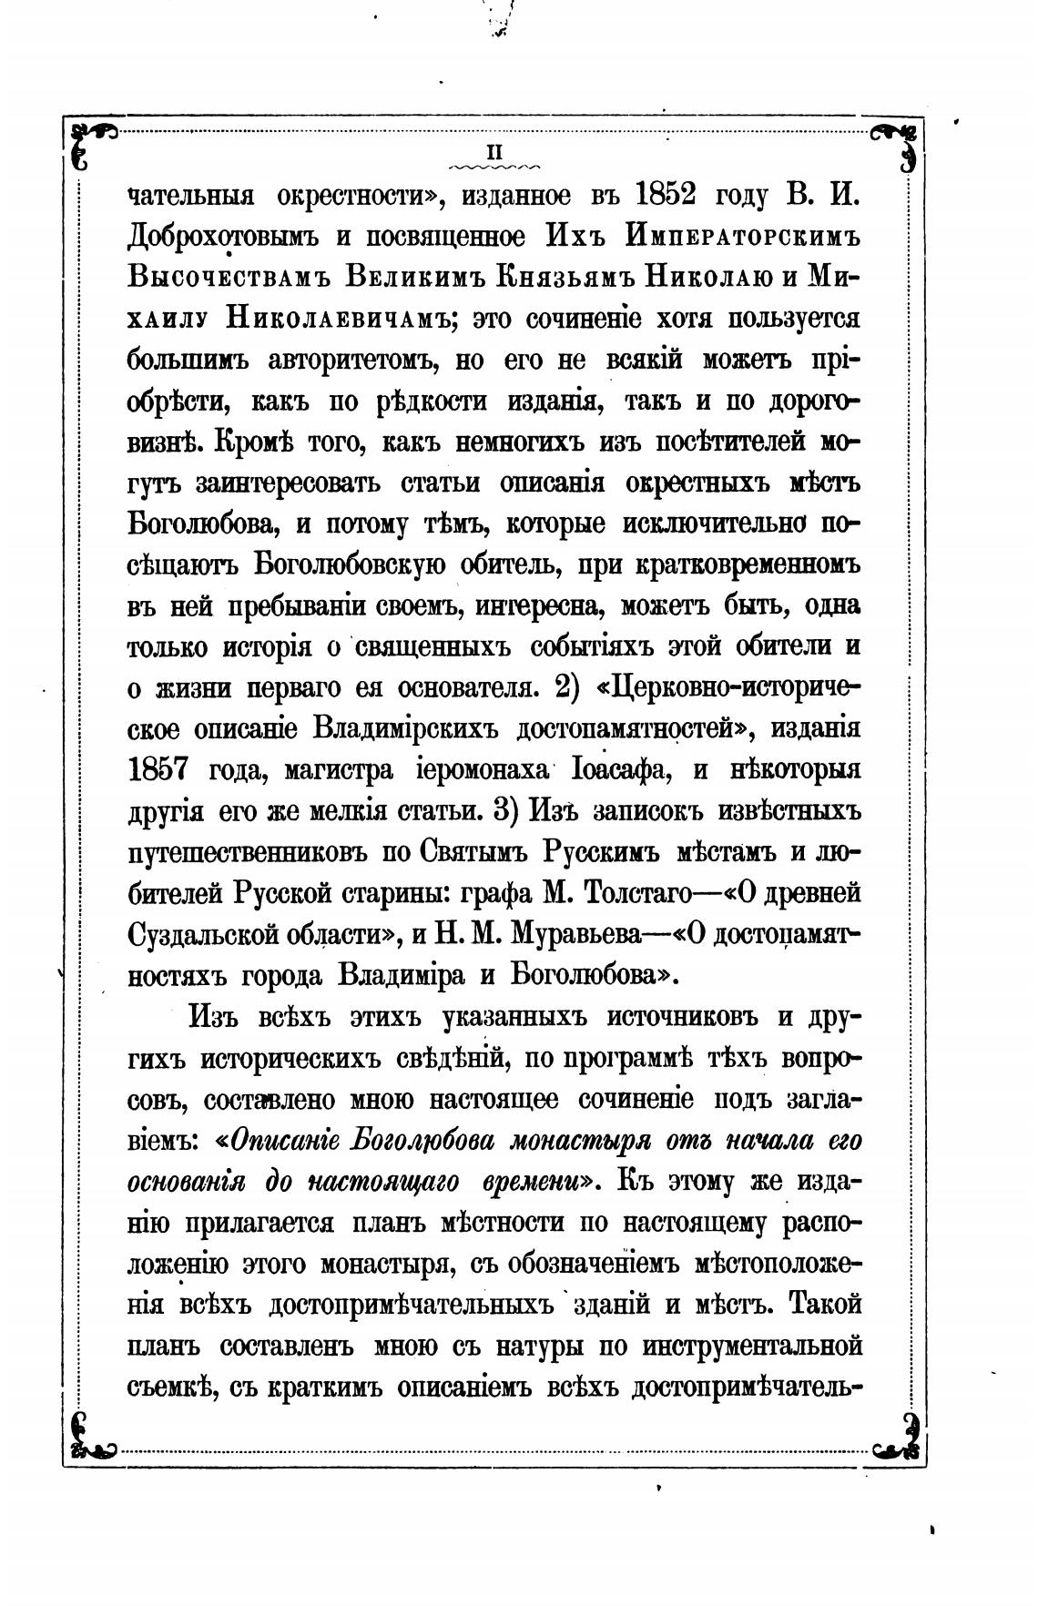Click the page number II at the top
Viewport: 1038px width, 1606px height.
pos(498,151)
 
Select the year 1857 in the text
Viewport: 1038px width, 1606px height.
pos(158,769)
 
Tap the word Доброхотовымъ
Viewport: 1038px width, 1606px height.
pos(223,238)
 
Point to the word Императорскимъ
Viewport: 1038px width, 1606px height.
pos(744,238)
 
